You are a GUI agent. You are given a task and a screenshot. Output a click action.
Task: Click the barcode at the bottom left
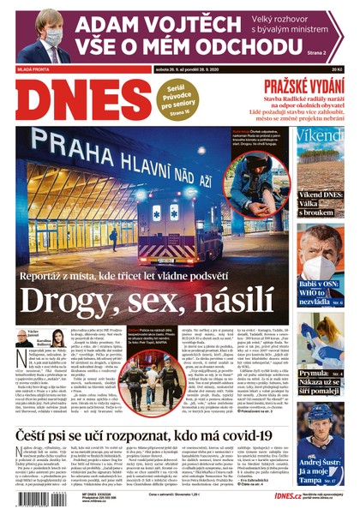point(39,498)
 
